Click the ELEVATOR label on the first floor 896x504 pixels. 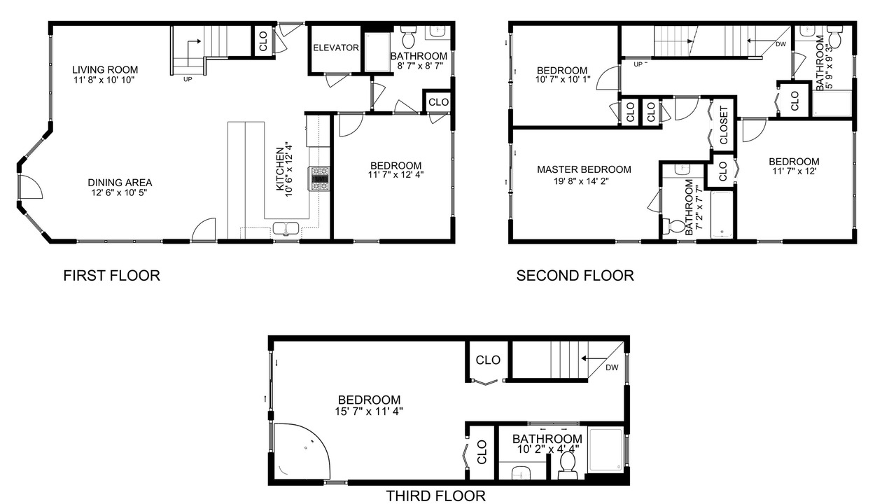point(336,48)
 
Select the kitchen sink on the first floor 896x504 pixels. point(286,229)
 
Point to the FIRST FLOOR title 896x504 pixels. point(111,276)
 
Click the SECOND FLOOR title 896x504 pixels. point(575,276)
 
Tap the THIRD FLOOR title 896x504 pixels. point(435,496)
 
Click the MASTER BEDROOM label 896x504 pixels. point(584,169)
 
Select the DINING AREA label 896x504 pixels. point(120,183)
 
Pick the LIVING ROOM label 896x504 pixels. point(105,70)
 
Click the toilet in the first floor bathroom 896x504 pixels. point(408,36)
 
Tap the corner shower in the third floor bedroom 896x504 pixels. point(302,451)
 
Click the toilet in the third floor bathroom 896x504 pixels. point(567,465)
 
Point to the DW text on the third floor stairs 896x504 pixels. point(612,367)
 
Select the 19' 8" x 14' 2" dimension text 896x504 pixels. point(581,181)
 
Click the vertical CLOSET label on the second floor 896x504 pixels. point(724,125)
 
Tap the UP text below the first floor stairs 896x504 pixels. point(188,79)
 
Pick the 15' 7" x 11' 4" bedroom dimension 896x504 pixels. point(369,411)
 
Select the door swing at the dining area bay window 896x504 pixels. point(30,186)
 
